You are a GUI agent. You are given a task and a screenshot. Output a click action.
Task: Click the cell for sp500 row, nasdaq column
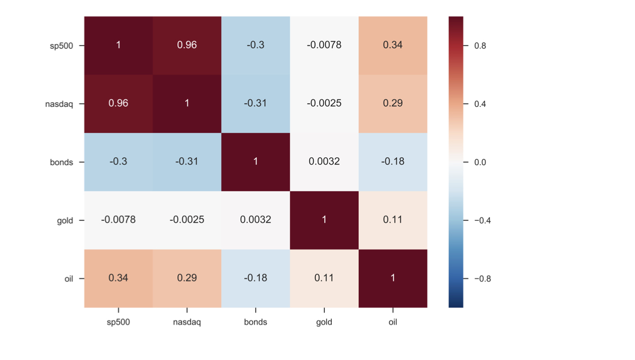click(187, 46)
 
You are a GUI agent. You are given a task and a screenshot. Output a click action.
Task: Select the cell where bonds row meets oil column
click(393, 161)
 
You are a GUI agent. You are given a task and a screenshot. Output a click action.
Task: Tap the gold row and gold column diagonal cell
click(324, 220)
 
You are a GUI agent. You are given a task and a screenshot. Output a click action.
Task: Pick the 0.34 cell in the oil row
click(119, 278)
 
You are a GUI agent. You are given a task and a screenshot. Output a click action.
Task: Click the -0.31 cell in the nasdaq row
click(256, 103)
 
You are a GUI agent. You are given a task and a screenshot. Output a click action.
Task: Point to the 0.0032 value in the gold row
click(256, 220)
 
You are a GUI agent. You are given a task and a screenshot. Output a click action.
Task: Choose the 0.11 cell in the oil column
click(393, 220)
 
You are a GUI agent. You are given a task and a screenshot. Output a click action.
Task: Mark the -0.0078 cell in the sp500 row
click(324, 46)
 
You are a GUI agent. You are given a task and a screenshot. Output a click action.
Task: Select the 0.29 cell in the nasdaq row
click(393, 103)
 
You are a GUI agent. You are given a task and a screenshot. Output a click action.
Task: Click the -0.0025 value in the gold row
click(187, 220)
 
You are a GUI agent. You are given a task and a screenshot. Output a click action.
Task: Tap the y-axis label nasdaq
click(59, 104)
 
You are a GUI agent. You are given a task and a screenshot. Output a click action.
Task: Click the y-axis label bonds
click(61, 163)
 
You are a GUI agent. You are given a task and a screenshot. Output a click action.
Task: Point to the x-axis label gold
click(324, 322)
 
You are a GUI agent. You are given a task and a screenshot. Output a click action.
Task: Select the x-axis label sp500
click(119, 322)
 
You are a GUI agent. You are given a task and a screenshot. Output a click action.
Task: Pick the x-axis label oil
click(393, 322)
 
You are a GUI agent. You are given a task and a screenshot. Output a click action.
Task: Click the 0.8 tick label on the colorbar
click(480, 46)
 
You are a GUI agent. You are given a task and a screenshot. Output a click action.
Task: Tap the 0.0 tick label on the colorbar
click(480, 163)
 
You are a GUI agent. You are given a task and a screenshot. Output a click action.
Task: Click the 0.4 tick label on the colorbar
click(480, 104)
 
